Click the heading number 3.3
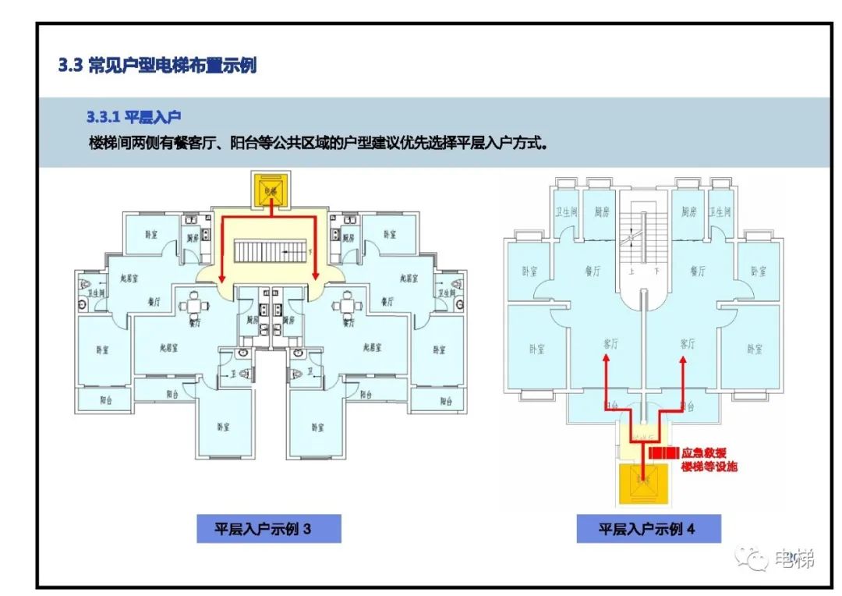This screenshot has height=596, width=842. point(70,66)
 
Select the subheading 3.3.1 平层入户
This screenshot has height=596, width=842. point(133,118)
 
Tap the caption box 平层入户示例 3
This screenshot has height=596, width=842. point(264,529)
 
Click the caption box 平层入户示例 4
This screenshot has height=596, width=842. point(647,529)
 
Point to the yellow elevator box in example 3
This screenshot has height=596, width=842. point(270,190)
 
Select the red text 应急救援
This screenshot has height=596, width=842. point(703,452)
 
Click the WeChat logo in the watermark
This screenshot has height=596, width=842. point(754,559)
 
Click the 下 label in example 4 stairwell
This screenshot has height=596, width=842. point(657,271)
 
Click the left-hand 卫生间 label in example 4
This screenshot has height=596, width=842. point(564,212)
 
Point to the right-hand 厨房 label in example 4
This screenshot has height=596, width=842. point(688,212)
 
